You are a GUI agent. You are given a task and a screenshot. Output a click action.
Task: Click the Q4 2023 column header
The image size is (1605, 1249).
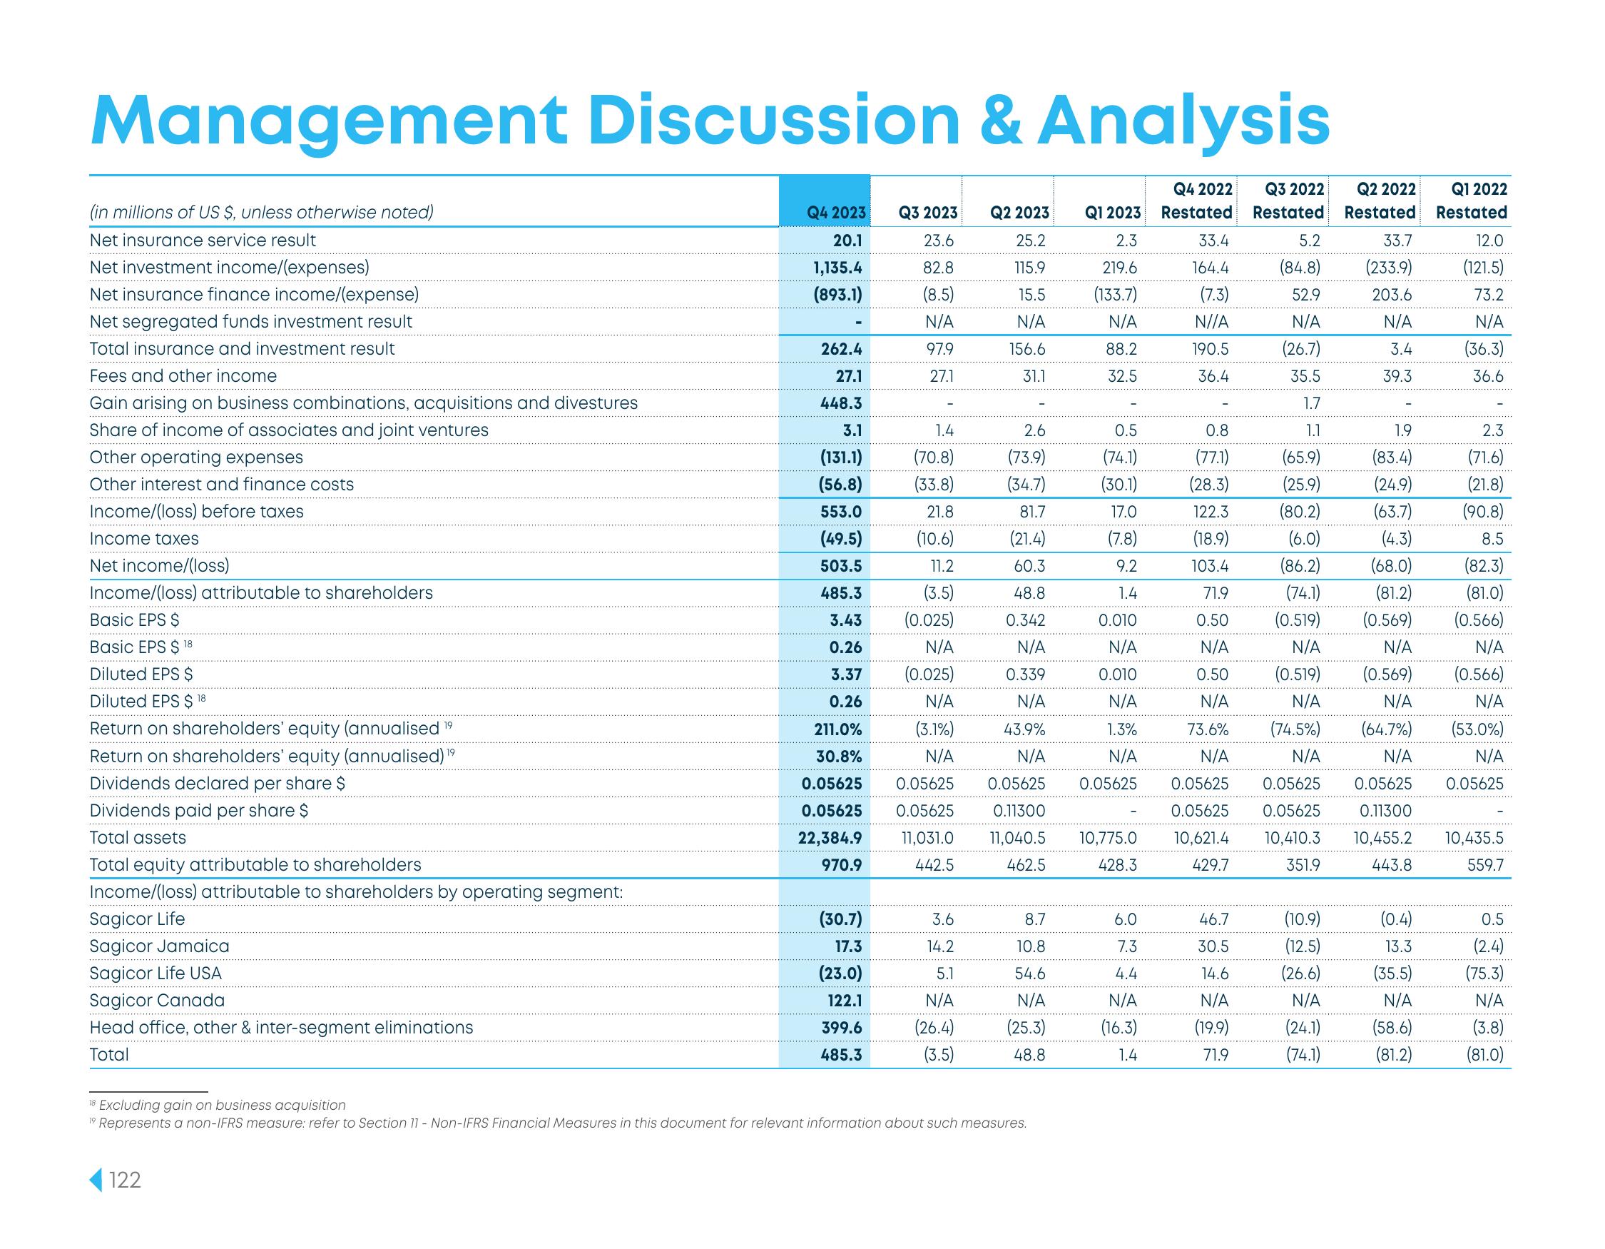(835, 213)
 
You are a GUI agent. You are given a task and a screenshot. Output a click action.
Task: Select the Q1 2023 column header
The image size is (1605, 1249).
(1113, 213)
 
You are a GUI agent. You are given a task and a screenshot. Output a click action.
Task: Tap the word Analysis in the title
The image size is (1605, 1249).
(1183, 120)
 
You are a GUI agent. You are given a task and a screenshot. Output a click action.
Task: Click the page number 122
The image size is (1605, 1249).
(125, 1180)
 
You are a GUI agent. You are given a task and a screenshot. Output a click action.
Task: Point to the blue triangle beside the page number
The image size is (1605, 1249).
(96, 1180)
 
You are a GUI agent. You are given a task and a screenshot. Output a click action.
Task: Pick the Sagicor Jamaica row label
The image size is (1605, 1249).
(160, 946)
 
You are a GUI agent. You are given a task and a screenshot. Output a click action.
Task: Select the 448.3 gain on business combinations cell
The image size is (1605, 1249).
(841, 403)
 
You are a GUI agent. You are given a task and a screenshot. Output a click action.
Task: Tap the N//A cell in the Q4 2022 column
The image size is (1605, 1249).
(1208, 321)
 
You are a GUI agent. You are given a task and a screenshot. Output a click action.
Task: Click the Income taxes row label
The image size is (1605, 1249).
(144, 539)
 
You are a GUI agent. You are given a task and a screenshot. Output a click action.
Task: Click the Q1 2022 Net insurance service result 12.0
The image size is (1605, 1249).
(1488, 241)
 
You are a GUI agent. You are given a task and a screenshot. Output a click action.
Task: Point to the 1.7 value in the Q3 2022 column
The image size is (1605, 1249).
(1311, 403)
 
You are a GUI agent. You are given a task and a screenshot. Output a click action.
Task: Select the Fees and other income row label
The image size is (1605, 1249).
(183, 375)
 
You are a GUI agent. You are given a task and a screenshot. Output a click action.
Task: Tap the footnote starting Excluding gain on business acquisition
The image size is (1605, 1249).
(221, 1105)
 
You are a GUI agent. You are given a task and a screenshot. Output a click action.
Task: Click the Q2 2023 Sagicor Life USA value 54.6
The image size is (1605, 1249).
(1029, 974)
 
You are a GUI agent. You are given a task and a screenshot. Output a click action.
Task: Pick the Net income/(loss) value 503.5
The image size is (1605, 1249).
(841, 566)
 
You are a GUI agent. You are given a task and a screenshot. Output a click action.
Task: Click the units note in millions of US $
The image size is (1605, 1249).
(261, 213)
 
